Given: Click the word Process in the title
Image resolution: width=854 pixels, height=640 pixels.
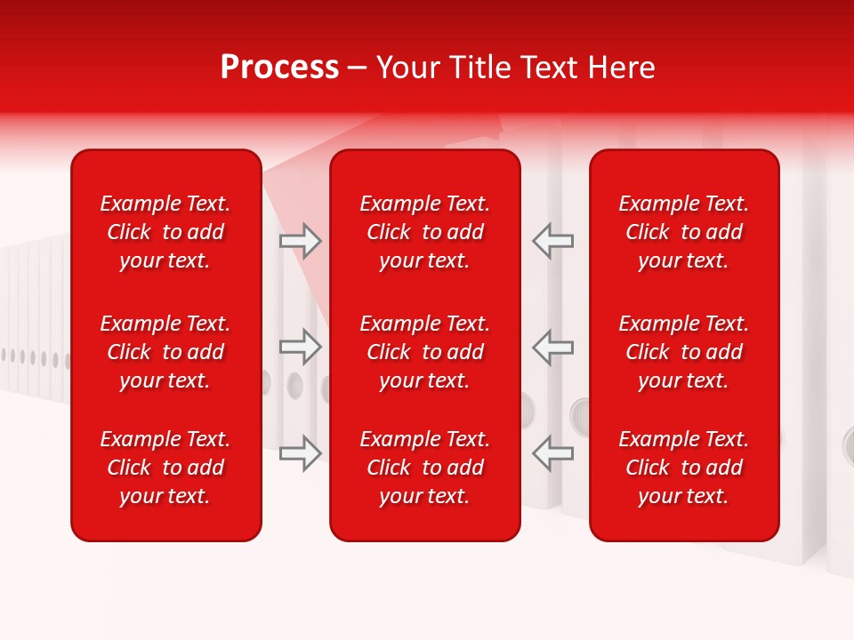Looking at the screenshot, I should [x=279, y=68].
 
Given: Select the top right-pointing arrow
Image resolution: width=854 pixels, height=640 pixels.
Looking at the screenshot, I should [x=300, y=241].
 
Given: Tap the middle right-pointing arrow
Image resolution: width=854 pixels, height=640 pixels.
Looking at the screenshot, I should [x=300, y=347].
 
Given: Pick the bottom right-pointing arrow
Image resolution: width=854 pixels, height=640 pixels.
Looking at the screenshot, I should [x=300, y=453].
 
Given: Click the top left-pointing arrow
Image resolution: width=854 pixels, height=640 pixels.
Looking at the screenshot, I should [x=552, y=241].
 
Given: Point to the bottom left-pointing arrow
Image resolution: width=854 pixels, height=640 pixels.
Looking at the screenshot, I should [x=552, y=453].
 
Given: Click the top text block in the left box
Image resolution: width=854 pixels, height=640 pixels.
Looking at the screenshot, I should [x=165, y=232].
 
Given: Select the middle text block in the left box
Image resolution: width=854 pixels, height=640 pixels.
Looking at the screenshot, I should [x=165, y=352].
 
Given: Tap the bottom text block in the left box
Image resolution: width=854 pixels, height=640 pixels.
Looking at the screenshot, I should [x=165, y=468].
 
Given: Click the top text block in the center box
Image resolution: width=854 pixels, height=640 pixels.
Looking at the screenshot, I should [x=425, y=232].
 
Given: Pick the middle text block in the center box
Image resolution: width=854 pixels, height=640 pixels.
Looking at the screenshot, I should [x=425, y=352].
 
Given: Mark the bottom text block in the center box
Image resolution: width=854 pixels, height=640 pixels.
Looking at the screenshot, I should [x=425, y=468].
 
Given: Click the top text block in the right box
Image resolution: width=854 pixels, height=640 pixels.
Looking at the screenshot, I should [x=684, y=232].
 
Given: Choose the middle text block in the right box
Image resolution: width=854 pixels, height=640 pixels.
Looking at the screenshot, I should [x=684, y=352].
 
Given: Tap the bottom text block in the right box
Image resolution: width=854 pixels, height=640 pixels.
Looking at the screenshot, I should [x=684, y=468].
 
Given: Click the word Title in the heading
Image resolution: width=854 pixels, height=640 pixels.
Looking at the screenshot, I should [x=479, y=68].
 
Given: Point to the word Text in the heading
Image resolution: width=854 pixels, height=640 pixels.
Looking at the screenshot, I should [x=549, y=68].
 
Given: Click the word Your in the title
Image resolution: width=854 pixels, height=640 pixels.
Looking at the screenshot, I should [x=408, y=68].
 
